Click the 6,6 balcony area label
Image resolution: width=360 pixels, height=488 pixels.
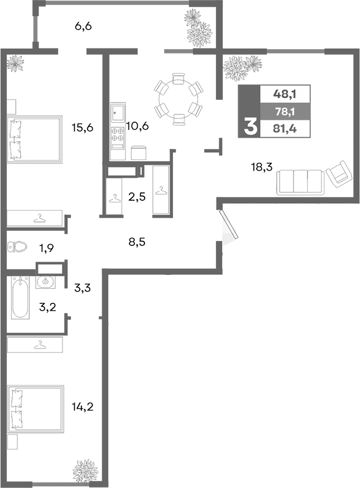click(83, 26)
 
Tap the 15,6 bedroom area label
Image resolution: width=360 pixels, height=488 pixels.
click(82, 127)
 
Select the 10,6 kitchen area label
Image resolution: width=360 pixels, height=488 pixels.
click(137, 125)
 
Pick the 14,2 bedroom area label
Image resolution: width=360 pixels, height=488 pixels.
click(82, 407)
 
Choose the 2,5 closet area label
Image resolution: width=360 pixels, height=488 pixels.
click(137, 196)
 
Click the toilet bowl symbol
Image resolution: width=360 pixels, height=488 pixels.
click(18, 247)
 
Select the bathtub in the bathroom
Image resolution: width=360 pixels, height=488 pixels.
click(20, 297)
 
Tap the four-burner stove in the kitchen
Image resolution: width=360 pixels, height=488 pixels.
click(118, 134)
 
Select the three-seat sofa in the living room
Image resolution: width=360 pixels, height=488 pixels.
click(300, 182)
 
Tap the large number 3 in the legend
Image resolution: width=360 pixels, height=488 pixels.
click(249, 128)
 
